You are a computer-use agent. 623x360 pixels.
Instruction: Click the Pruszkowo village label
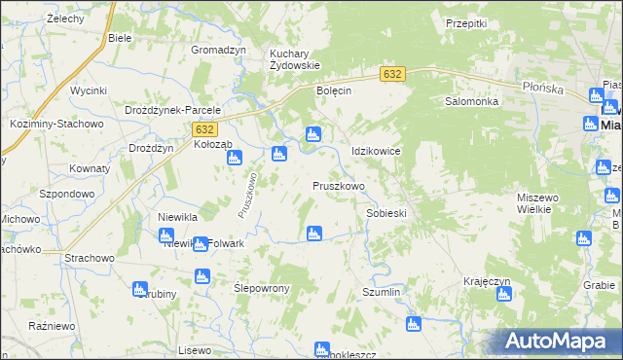tap(338, 185)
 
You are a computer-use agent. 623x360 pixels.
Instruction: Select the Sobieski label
tap(385, 212)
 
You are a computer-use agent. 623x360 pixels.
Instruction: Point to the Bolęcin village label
tap(333, 90)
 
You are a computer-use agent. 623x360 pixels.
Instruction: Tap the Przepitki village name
tap(464, 23)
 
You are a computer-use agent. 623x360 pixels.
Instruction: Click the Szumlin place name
tap(382, 292)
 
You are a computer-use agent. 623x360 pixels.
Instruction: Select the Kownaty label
tap(90, 168)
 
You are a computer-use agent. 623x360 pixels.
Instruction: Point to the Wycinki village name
tap(88, 90)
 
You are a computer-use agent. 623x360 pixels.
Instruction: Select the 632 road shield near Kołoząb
tap(204, 129)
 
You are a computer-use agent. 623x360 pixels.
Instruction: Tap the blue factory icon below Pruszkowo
tap(313, 233)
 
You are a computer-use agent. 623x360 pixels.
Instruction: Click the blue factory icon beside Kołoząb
tap(235, 157)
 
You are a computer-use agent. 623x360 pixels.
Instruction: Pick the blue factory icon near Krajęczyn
tap(503, 295)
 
